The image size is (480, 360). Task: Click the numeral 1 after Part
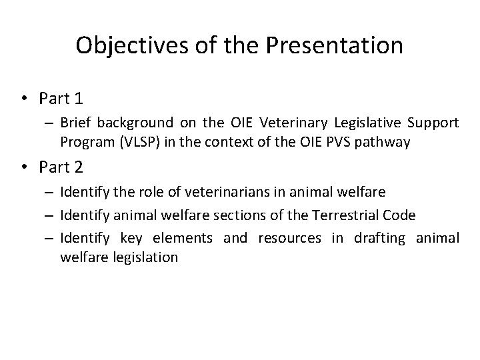[79, 99]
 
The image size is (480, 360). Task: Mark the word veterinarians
[203, 193]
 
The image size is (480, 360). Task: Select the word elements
[183, 239]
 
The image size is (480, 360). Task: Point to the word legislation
[143, 256]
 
